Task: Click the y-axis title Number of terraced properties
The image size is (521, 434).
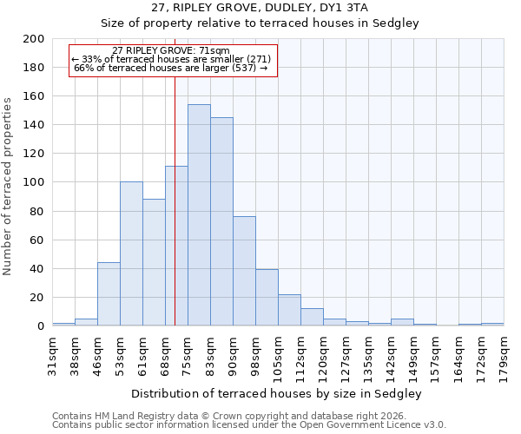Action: coord(9,186)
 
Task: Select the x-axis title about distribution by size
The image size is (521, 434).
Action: coord(277,393)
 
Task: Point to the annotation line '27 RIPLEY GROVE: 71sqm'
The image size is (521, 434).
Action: coord(171,51)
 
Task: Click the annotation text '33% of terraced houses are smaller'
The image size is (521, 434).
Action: coord(171,59)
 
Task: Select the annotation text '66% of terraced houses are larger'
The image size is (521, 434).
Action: coord(171,68)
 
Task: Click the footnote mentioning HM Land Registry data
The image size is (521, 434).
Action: coord(234,416)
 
